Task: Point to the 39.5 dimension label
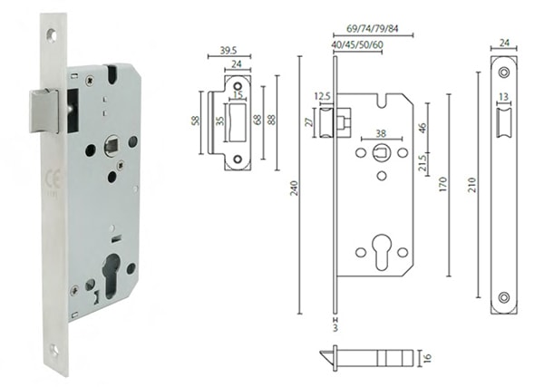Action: pos(229,52)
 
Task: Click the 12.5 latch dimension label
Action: pos(322,94)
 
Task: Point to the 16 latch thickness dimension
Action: pos(429,359)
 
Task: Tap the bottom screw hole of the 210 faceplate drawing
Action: pos(503,296)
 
